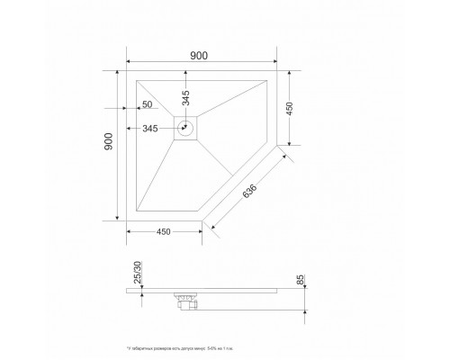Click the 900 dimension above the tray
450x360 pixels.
(x=200, y=56)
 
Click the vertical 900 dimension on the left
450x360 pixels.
(x=108, y=145)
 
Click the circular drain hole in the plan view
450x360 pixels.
(x=187, y=127)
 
